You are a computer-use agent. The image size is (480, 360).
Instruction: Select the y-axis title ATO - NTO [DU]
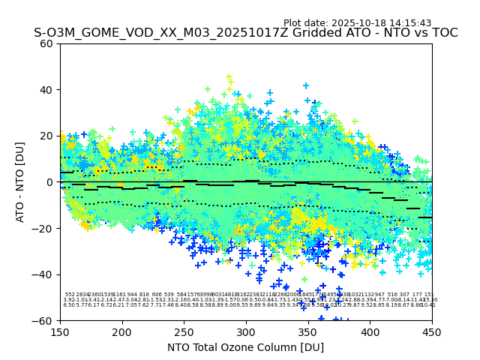click(x=21, y=182)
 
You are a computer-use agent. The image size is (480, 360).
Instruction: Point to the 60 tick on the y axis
click(x=46, y=43)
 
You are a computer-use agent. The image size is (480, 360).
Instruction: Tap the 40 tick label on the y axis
click(x=46, y=90)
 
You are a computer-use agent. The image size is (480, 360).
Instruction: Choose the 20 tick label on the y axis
click(x=46, y=136)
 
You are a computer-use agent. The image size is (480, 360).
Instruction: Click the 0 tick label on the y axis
click(x=49, y=182)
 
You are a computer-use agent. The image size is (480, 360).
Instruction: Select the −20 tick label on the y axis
click(x=43, y=229)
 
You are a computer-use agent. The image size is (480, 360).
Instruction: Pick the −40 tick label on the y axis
click(x=43, y=274)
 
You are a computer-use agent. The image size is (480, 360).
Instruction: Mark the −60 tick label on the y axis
click(x=43, y=321)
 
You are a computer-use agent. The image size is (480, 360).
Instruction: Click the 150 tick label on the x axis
click(x=60, y=331)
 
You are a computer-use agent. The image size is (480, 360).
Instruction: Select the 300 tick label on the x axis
click(x=246, y=331)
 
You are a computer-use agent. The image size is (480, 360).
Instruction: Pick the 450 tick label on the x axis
click(x=432, y=331)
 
